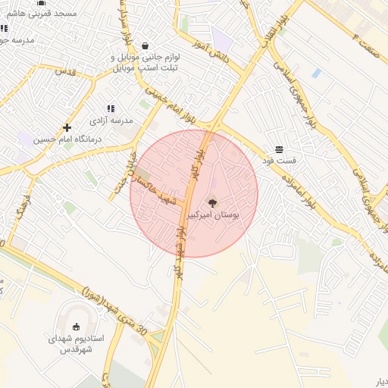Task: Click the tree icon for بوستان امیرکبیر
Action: point(212,202)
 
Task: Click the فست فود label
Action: point(279,161)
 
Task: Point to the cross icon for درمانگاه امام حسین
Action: point(67,127)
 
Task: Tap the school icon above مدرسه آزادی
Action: point(111,109)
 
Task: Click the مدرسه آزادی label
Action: point(111,120)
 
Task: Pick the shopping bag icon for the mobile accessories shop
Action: point(145,45)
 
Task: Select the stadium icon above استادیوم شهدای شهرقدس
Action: point(75,326)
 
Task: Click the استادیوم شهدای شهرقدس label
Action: point(75,343)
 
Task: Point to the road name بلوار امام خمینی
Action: point(171,106)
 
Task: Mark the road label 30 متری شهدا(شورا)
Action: point(114,310)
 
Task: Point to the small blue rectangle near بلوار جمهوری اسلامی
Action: point(316,73)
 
